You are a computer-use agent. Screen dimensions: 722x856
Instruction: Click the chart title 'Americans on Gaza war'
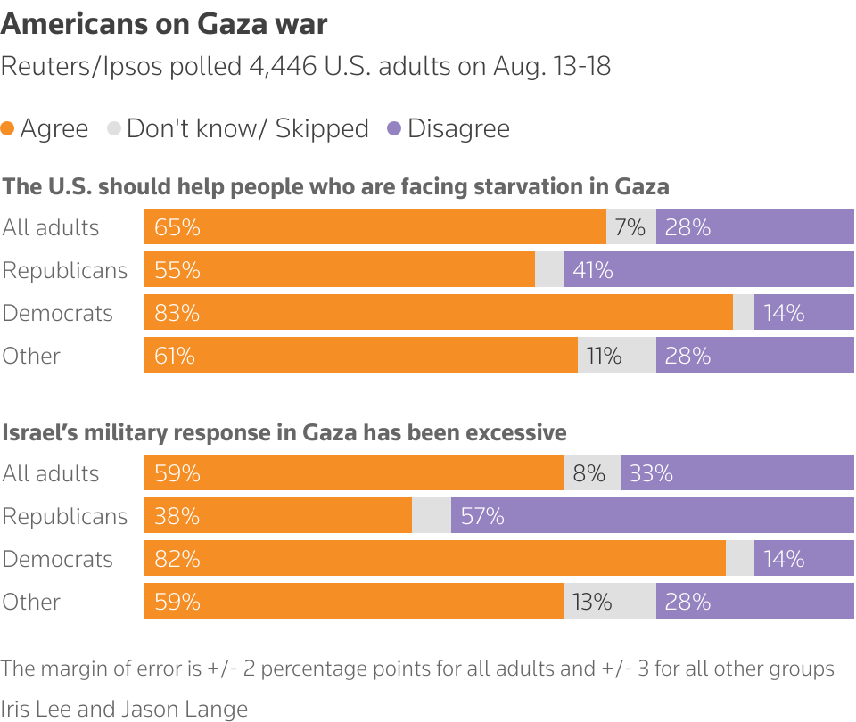(x=164, y=24)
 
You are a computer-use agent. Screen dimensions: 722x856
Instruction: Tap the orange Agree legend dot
(x=8, y=128)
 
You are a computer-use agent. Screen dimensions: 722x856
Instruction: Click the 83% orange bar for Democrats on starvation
(x=438, y=313)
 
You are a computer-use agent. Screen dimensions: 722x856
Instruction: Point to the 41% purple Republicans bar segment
(x=708, y=270)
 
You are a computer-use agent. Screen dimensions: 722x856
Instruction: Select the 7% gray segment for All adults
(x=630, y=227)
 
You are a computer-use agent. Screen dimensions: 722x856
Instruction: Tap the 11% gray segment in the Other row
(x=616, y=356)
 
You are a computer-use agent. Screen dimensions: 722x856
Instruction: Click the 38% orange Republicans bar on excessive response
(x=277, y=516)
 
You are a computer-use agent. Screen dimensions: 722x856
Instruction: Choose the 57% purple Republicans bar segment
(x=652, y=516)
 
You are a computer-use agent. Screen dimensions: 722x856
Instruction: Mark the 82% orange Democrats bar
(x=434, y=559)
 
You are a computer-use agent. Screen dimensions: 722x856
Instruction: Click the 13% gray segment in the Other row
(x=609, y=602)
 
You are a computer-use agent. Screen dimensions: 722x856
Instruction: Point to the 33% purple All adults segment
(x=737, y=473)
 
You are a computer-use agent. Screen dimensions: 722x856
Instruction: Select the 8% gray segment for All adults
(x=591, y=473)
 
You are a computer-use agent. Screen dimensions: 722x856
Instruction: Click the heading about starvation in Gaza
(x=335, y=186)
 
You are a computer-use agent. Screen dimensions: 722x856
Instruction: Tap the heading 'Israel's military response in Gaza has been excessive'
(x=284, y=432)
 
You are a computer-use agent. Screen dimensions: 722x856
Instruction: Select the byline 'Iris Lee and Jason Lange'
(x=124, y=709)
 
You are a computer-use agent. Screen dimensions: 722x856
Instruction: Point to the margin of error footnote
(x=417, y=669)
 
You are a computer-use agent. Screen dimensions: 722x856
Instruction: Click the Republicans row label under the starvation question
(x=65, y=270)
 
